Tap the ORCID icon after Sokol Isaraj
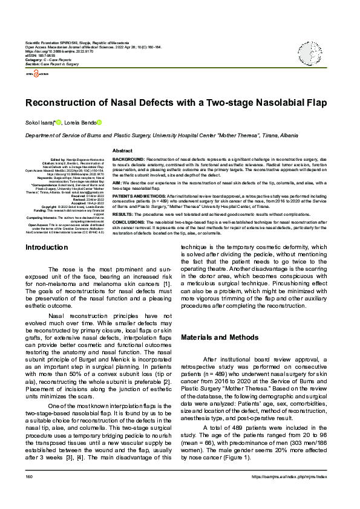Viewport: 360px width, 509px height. click(x=59, y=123)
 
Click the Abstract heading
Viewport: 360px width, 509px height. click(x=123, y=150)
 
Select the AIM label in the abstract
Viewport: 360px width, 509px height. click(x=117, y=182)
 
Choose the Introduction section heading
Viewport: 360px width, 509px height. click(x=47, y=247)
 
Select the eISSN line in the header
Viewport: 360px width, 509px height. click(x=42, y=56)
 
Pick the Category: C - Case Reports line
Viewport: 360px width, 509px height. click(x=49, y=60)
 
